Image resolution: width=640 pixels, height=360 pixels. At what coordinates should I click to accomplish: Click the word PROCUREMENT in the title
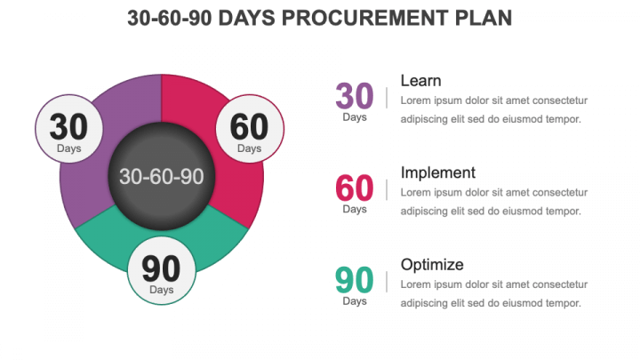coord(365,18)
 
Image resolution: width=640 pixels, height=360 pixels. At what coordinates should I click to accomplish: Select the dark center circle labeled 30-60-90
coord(162,176)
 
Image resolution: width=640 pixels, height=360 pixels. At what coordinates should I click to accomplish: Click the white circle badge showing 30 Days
coord(69,129)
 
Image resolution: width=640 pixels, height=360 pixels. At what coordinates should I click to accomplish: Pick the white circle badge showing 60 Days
coord(250,129)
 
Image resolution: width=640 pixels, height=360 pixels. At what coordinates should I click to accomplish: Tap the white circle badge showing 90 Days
coord(162,270)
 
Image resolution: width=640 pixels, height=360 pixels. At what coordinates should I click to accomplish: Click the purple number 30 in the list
coord(355,96)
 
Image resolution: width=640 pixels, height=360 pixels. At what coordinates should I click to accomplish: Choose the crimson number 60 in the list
coord(355,188)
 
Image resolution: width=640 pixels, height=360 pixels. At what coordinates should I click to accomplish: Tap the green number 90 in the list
coord(355,280)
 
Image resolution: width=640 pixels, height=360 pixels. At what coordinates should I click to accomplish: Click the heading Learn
coord(420,81)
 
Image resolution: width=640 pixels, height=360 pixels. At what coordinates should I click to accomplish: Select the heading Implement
coord(438,173)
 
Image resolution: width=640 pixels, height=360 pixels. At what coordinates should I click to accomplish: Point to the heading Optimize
coord(432,265)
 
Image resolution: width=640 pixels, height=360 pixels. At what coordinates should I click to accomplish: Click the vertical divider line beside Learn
coord(387,98)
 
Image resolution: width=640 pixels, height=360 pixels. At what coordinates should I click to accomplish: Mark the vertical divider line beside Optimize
coord(387,282)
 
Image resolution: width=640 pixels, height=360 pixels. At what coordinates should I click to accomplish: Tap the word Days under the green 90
coord(355,301)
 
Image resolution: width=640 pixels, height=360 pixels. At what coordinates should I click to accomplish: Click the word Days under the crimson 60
coord(355,210)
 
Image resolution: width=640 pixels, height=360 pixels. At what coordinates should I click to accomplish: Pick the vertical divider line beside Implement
coord(387,190)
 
